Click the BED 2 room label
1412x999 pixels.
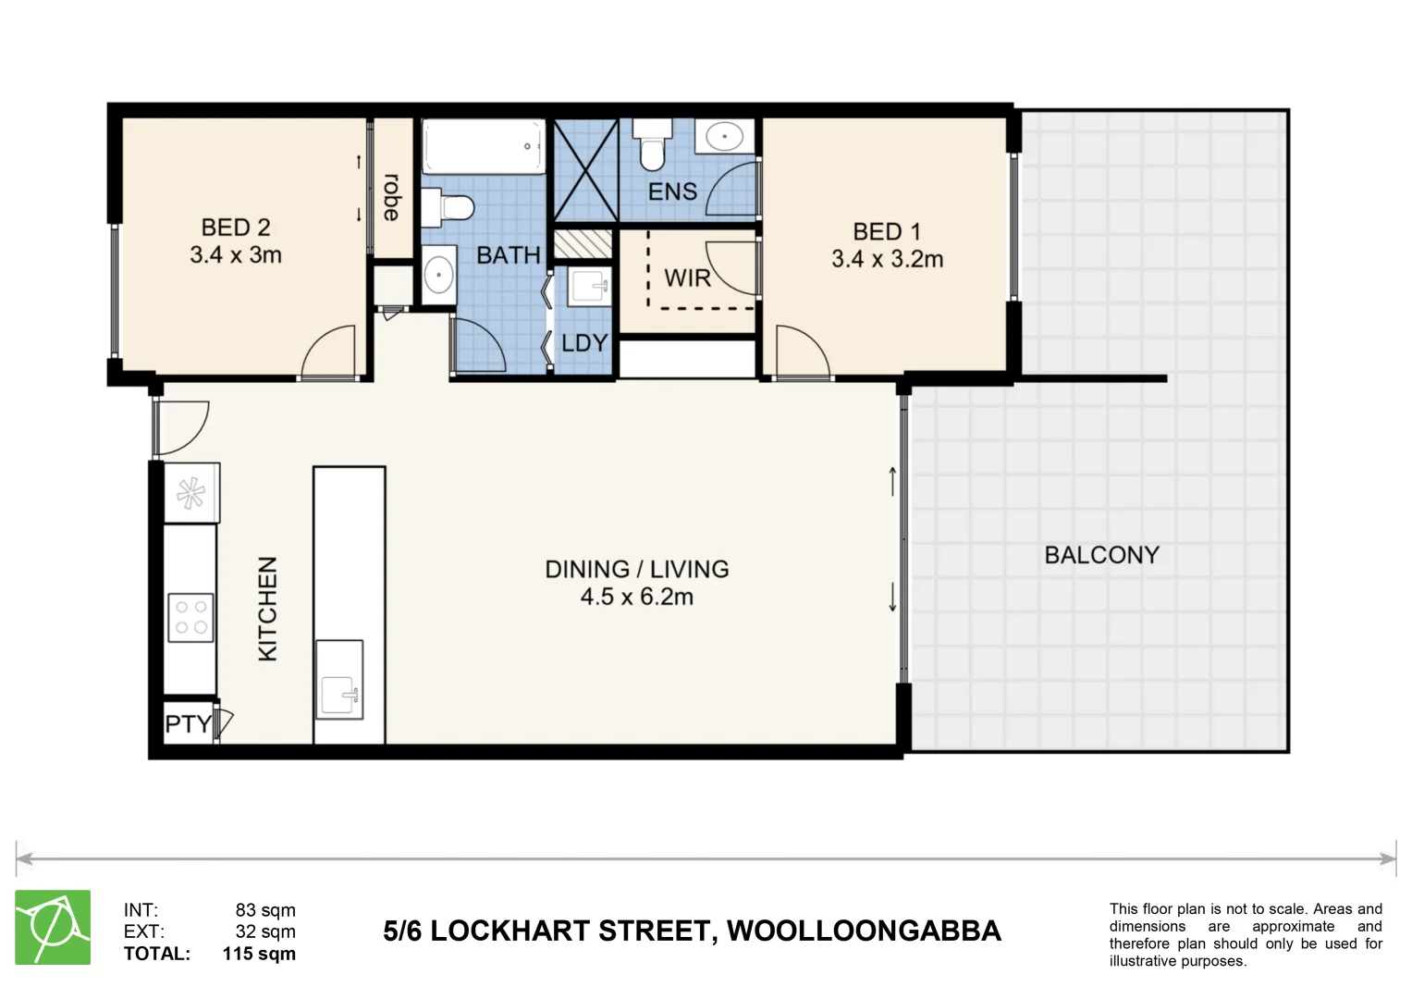[x=236, y=228]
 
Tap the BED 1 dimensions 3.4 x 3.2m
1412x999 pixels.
[x=887, y=260]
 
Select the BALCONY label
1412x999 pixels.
[x=1101, y=555]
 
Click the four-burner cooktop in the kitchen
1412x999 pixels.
[x=190, y=617]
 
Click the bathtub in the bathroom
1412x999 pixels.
[x=483, y=146]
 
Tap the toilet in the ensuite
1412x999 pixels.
[x=653, y=148]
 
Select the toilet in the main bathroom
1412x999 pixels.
[x=450, y=207]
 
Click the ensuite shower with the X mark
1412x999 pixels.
[x=585, y=171]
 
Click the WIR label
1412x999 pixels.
[x=687, y=277]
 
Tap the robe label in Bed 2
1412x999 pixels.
[x=392, y=197]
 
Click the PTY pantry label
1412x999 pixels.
[x=188, y=723]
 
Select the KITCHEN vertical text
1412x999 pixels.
[x=267, y=608]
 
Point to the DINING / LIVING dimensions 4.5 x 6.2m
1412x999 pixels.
[x=636, y=598]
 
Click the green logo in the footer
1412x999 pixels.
[x=53, y=927]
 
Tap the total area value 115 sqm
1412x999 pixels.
[x=259, y=954]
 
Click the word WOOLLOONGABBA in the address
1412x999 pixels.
[x=864, y=931]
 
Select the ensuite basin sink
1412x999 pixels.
[x=725, y=138]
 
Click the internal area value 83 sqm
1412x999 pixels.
[x=265, y=910]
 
